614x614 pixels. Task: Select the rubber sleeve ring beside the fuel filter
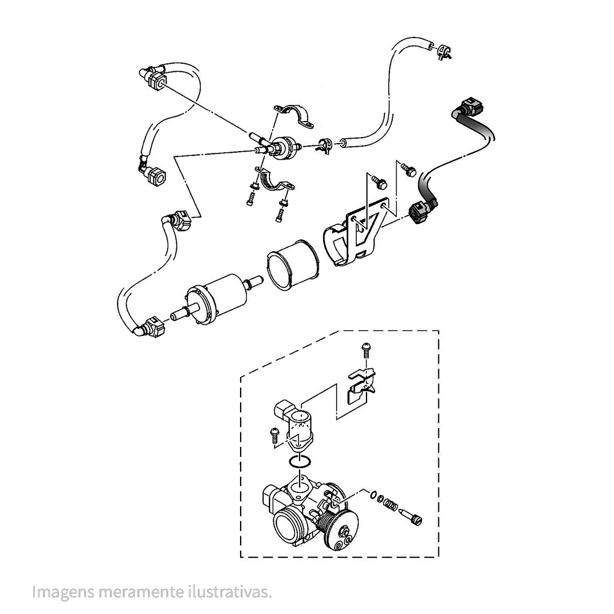pos(291,265)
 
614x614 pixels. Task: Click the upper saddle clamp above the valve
pos(293,116)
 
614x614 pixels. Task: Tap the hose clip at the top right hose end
pos(443,52)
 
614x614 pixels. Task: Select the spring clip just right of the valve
pos(325,145)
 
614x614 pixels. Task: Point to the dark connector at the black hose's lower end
pos(421,211)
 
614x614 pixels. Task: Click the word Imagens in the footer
pos(63,592)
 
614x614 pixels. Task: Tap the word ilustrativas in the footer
pos(229,591)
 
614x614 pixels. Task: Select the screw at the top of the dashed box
pos(366,350)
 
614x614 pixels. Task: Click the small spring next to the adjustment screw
pos(390,503)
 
